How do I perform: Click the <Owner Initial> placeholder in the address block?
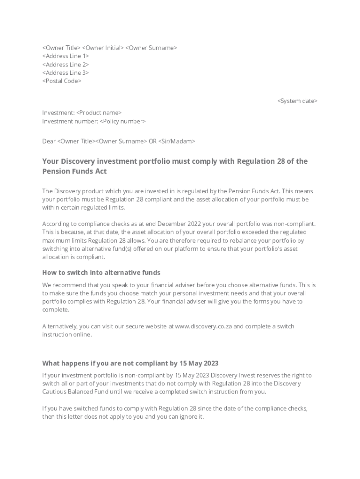103,48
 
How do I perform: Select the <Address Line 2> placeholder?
65,65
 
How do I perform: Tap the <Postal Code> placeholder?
62,81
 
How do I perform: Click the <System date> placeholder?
297,101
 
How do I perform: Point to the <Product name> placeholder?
99,113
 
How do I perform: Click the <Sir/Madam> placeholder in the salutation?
177,141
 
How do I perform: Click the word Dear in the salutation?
49,141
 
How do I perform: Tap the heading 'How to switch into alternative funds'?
101,272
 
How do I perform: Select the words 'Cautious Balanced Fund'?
76,392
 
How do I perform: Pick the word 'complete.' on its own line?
56,310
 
